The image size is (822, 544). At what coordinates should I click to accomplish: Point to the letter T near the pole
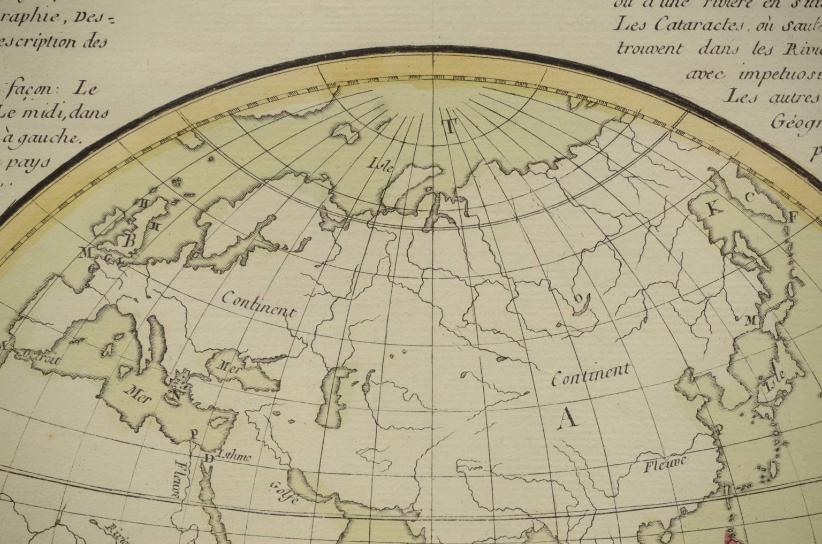point(450,127)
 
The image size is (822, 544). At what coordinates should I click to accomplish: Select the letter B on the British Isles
point(129,240)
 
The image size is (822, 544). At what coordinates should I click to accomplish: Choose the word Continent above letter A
point(591,374)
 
